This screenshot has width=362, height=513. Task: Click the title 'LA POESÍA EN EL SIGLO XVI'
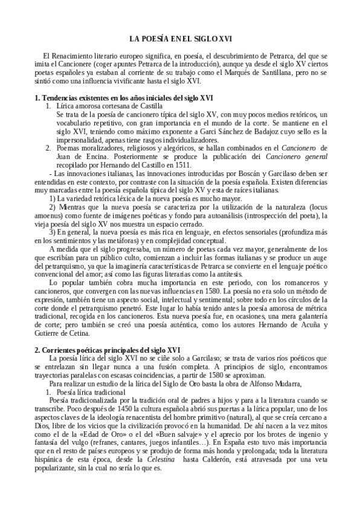181,37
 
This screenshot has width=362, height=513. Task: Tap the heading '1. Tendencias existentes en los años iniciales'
123,98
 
